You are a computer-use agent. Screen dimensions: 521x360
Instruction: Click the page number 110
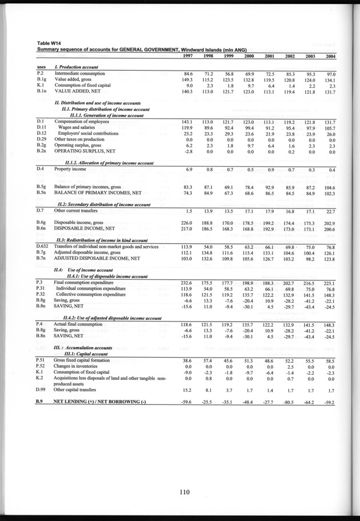[183, 489]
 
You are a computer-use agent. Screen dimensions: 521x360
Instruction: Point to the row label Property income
[70, 170]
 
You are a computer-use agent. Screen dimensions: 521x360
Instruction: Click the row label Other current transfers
[76, 211]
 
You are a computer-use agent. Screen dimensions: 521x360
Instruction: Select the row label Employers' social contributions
[88, 133]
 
